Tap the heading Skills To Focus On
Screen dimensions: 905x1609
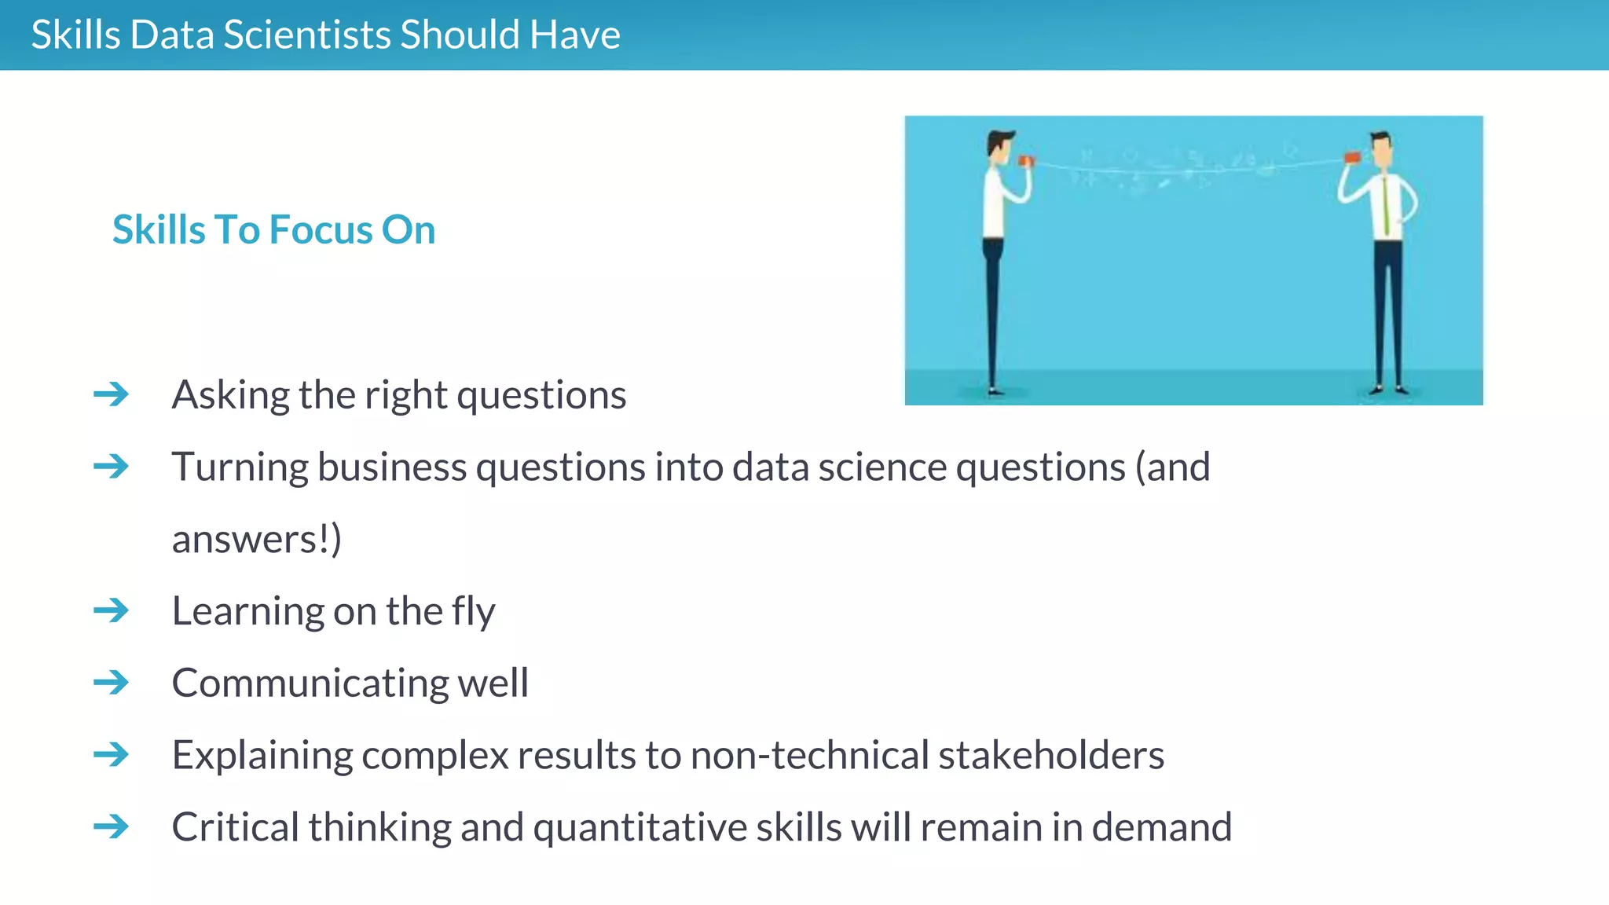pyautogui.click(x=273, y=230)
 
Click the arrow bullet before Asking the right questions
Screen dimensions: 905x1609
pyautogui.click(x=111, y=394)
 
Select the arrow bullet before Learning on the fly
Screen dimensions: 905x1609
pyautogui.click(x=111, y=610)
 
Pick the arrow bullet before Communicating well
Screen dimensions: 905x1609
pyautogui.click(x=111, y=682)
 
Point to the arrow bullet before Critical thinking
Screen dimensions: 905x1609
pyautogui.click(x=111, y=826)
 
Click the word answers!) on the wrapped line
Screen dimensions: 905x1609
pyautogui.click(x=257, y=540)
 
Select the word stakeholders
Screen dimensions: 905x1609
pyautogui.click(x=1051, y=755)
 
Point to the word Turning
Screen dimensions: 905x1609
pyautogui.click(x=240, y=467)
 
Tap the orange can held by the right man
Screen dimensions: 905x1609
pyautogui.click(x=1352, y=158)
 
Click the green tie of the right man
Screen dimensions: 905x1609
pyautogui.click(x=1386, y=206)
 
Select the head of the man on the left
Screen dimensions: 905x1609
pyautogui.click(x=999, y=146)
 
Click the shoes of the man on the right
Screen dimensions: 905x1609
pyautogui.click(x=1388, y=389)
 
